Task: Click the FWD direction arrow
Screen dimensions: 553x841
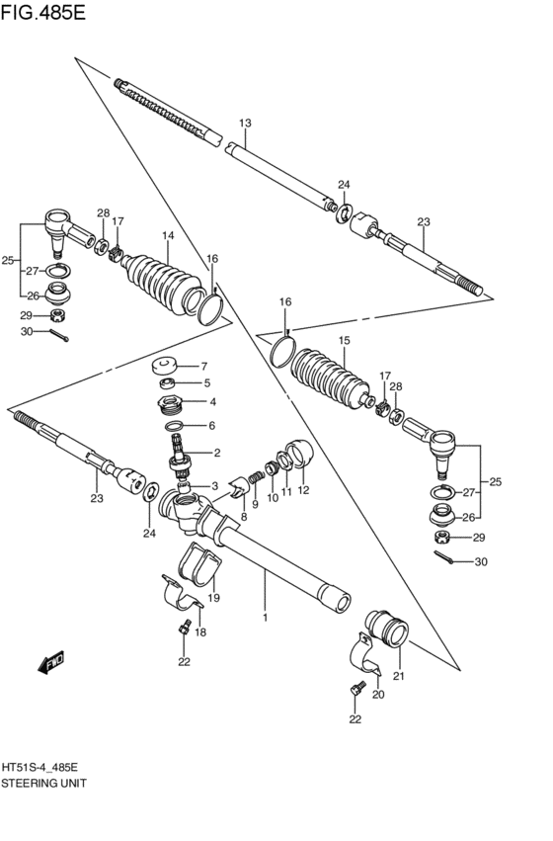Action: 51,661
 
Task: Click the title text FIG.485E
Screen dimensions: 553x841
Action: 42,12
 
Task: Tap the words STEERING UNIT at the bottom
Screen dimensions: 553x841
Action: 43,783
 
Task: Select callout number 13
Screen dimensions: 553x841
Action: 245,123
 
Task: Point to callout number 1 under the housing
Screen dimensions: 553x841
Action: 265,618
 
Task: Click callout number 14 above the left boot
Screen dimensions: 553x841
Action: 168,235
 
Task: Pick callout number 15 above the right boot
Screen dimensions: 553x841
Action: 344,340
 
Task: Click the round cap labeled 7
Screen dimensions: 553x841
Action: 165,367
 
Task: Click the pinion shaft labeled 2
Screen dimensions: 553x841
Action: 181,459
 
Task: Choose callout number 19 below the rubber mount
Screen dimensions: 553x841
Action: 214,598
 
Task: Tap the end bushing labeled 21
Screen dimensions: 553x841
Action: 387,629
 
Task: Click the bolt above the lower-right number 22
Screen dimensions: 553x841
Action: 357,689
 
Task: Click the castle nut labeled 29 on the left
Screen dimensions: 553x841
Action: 58,315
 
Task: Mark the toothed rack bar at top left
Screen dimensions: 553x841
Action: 167,112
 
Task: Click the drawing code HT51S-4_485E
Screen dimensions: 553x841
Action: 39,768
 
